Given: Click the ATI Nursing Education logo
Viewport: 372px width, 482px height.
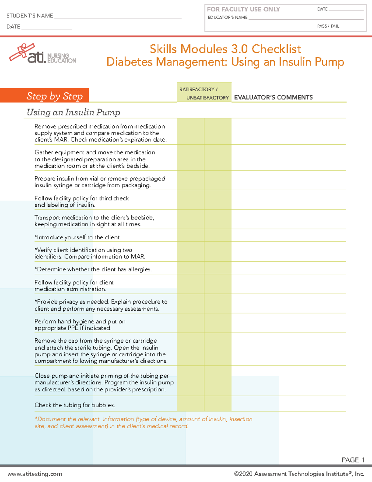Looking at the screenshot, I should [43, 54].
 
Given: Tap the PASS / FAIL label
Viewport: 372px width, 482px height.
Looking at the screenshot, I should [328, 26].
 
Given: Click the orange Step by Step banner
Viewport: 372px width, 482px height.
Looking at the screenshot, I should [45, 96].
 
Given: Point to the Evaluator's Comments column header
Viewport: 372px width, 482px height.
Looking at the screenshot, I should [273, 97].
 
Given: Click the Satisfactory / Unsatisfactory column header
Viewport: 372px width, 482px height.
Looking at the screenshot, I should [204, 93].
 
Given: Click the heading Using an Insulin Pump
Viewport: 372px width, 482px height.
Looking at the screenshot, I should [73, 112].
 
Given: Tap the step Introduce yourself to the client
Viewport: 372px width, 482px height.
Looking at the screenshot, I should [78, 237].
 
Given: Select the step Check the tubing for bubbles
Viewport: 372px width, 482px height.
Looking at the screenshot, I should [75, 405].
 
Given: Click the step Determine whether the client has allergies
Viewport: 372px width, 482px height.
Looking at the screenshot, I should [93, 269].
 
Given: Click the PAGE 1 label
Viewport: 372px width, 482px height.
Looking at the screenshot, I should [353, 460].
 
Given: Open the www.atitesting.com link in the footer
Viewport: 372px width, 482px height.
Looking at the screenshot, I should [35, 474].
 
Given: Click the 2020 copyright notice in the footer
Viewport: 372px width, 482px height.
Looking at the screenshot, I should [299, 474].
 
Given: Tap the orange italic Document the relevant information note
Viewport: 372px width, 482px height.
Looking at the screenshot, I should [143, 422].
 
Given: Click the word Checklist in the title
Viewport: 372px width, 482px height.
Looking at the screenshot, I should [276, 49].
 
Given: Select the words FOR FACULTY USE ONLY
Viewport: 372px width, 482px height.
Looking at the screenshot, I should [243, 9].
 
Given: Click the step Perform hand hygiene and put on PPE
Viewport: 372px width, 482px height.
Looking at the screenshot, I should [80, 325].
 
